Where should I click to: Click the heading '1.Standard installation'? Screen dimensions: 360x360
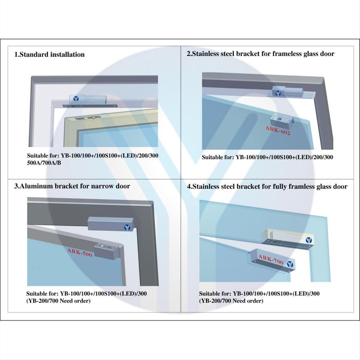pyautogui.click(x=49, y=55)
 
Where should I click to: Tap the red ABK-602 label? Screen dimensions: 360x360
pyautogui.click(x=278, y=130)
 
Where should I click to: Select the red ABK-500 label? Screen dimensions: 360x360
pyautogui.click(x=80, y=253)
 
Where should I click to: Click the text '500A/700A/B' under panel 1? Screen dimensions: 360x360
pyautogui.click(x=44, y=163)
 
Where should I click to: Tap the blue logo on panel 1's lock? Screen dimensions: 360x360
pyautogui.click(x=76, y=99)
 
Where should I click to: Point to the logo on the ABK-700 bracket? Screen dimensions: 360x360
pyautogui.click(x=290, y=264)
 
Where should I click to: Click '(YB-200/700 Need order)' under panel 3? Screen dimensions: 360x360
pyautogui.click(x=58, y=301)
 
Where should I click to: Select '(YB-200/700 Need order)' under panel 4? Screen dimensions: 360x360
pyautogui.click(x=231, y=301)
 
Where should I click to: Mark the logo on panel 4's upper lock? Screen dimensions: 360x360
pyautogui.click(x=309, y=240)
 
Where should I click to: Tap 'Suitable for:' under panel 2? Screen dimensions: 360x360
pyautogui.click(x=218, y=157)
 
